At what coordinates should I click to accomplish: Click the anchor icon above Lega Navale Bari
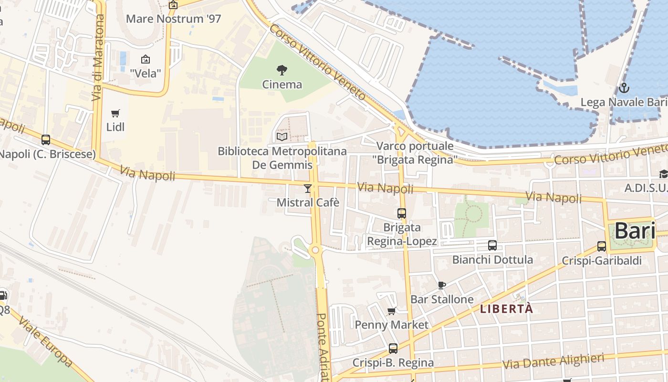624,88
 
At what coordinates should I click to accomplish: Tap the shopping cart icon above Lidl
115,113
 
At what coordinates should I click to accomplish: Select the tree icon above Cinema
282,70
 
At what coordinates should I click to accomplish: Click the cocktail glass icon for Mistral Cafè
308,189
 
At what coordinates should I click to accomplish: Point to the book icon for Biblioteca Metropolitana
282,137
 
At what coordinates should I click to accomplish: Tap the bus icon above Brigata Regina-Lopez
402,213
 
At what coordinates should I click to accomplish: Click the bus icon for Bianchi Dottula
492,245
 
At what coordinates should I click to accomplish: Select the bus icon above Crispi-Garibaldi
602,246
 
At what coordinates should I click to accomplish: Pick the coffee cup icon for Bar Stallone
442,285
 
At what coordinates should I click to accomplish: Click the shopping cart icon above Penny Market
392,311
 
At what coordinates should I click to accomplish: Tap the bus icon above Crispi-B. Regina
393,349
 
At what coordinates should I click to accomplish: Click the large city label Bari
635,231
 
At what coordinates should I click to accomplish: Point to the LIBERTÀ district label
506,309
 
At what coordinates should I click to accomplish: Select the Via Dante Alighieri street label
553,361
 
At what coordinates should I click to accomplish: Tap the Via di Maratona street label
98,57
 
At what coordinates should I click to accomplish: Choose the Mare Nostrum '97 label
174,19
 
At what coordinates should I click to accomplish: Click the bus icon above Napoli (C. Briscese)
46,140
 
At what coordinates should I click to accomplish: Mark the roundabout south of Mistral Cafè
315,250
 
